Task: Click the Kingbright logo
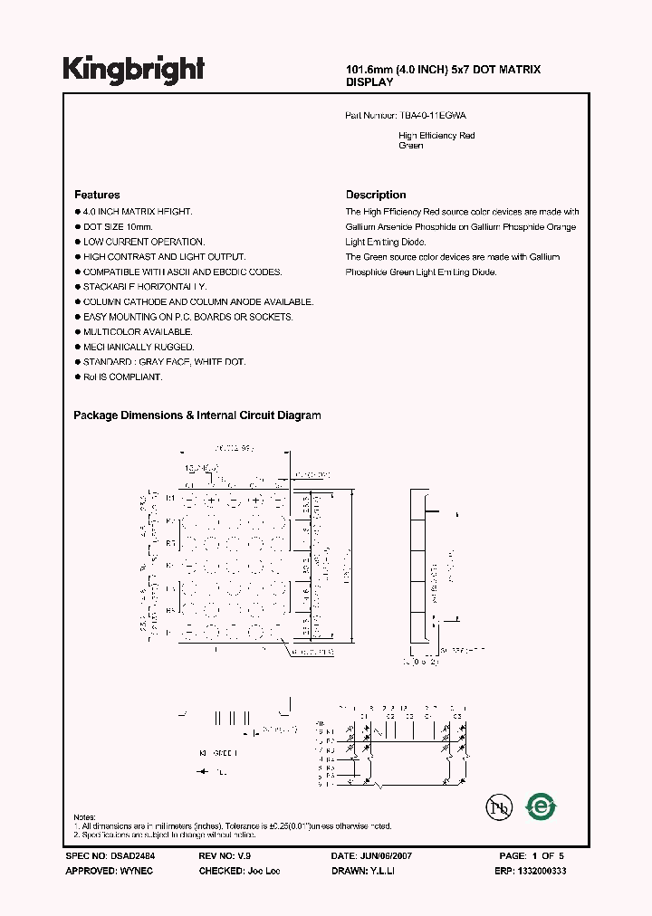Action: [x=134, y=69]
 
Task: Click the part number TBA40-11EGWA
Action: [x=433, y=116]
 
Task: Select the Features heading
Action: [x=97, y=195]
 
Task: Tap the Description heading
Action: [x=376, y=195]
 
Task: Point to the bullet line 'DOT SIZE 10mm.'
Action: [x=118, y=226]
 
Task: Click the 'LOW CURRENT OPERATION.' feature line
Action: [x=143, y=242]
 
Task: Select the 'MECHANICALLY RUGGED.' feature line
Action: [x=138, y=347]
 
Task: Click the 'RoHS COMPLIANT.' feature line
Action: [x=122, y=377]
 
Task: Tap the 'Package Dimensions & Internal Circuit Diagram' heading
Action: [x=197, y=415]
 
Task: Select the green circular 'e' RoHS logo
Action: [x=542, y=806]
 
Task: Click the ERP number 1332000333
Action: [x=539, y=871]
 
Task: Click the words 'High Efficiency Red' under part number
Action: [x=436, y=136]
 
